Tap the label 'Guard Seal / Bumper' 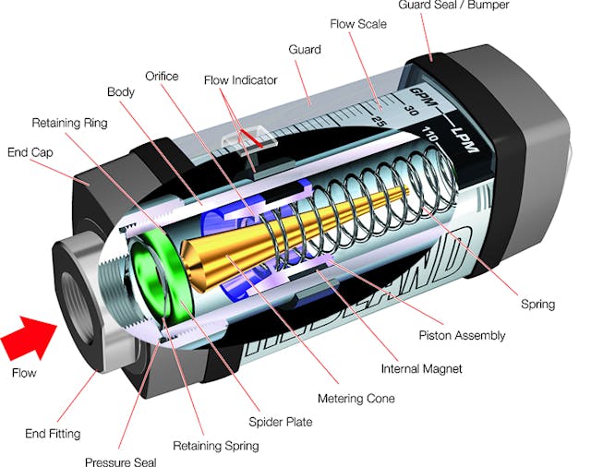pyautogui.click(x=453, y=6)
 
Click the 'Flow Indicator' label pyautogui.click(x=240, y=80)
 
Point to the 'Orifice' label pyautogui.click(x=162, y=76)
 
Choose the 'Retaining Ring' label pyautogui.click(x=69, y=122)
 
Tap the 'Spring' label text pyautogui.click(x=538, y=304)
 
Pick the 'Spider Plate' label pyautogui.click(x=281, y=422)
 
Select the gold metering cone pyautogui.click(x=277, y=235)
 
